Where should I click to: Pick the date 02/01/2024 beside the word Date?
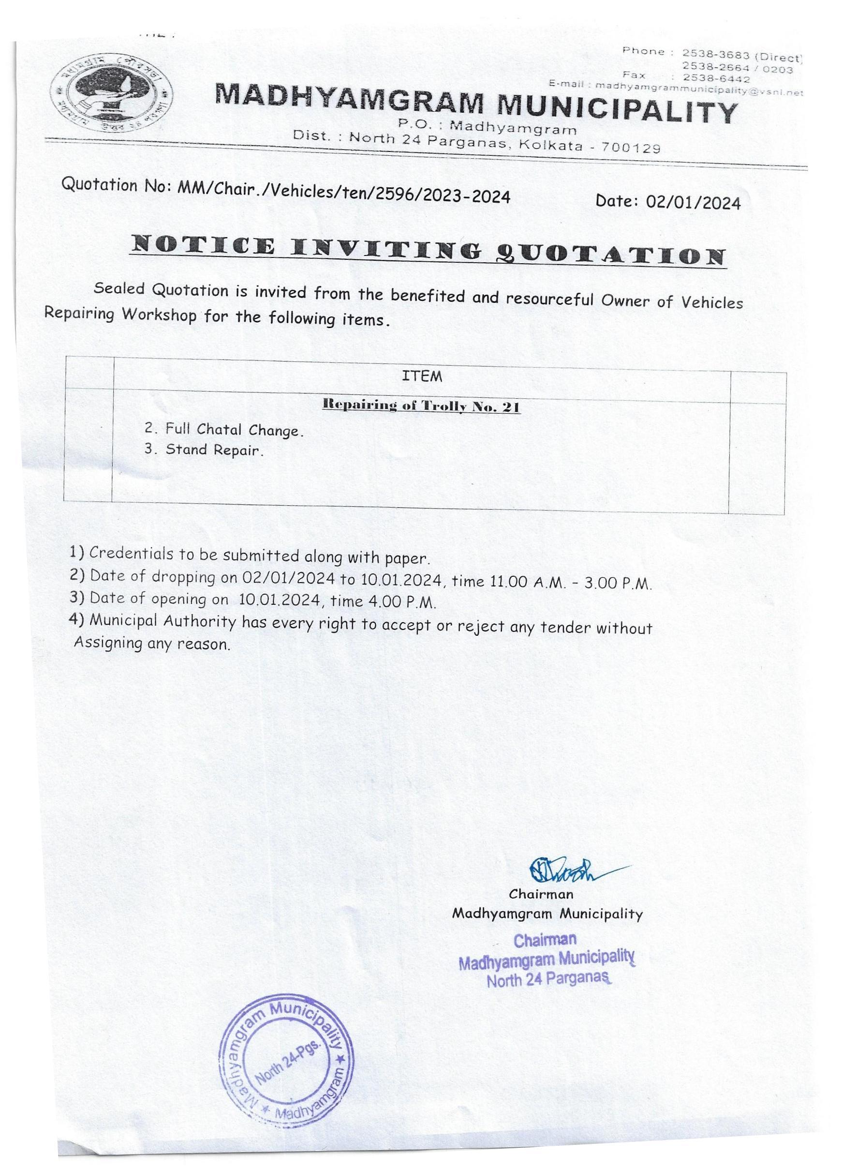coord(693,203)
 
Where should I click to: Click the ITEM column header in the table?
coord(422,376)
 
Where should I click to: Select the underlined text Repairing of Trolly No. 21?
coord(421,407)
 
